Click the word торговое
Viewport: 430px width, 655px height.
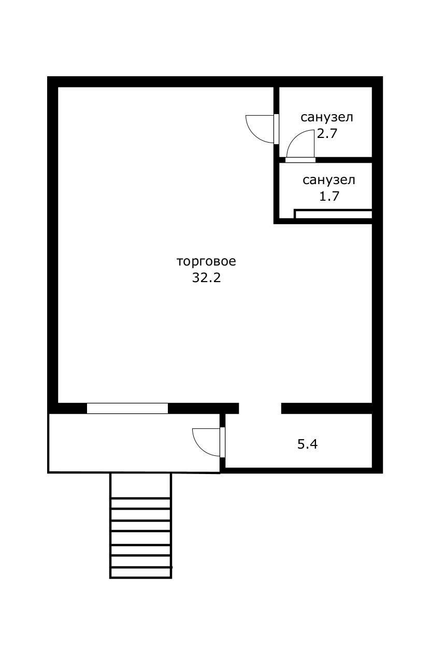[206, 262]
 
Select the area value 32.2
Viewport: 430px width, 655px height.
[206, 277]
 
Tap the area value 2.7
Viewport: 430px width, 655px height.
[327, 134]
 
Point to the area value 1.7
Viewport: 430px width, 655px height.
[329, 196]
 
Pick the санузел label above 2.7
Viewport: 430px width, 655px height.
[326, 118]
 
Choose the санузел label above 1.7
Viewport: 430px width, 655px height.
[328, 180]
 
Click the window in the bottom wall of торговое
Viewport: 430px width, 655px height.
[127, 408]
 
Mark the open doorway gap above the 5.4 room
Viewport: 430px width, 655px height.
[260, 408]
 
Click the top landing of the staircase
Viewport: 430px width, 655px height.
[140, 485]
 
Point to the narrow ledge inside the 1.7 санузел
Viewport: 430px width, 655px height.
[333, 214]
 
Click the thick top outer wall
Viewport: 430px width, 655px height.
[215, 81]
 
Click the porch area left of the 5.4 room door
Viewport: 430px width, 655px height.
[134, 443]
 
